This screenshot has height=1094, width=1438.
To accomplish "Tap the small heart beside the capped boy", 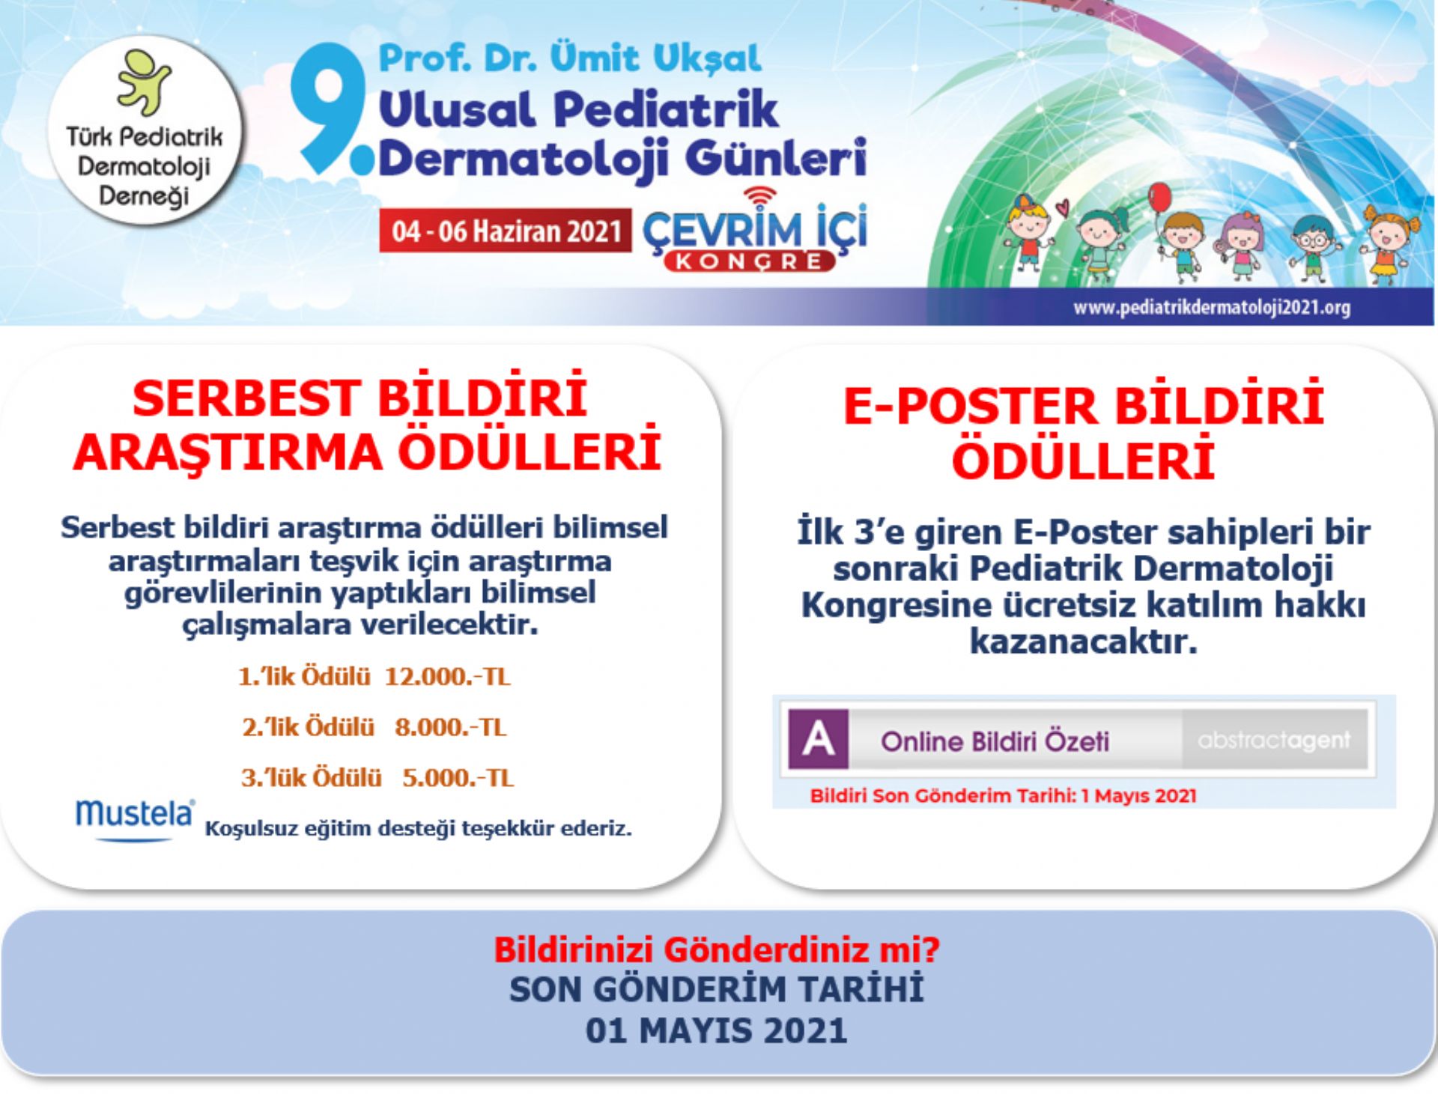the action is (1061, 206).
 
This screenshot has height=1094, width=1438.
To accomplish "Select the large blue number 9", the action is (330, 109).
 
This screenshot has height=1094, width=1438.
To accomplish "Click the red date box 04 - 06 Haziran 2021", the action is (506, 230).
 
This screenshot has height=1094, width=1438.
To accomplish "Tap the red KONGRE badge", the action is (749, 261).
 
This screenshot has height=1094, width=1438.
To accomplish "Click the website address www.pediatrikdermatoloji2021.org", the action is (1211, 307).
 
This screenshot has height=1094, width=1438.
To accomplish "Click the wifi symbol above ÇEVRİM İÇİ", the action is (760, 197).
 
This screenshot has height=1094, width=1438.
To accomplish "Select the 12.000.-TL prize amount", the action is (447, 677).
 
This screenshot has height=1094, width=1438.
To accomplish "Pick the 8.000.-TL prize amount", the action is (451, 727).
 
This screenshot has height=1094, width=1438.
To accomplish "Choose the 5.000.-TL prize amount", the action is (458, 777).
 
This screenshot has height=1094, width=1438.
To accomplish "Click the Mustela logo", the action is (135, 817).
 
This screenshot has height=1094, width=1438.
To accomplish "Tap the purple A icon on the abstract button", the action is (819, 740).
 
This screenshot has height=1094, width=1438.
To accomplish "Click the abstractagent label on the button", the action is (1274, 740).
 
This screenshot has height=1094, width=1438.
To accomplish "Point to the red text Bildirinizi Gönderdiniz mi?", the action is (717, 949).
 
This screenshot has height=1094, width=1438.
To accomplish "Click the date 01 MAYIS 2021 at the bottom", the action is (716, 1030).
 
